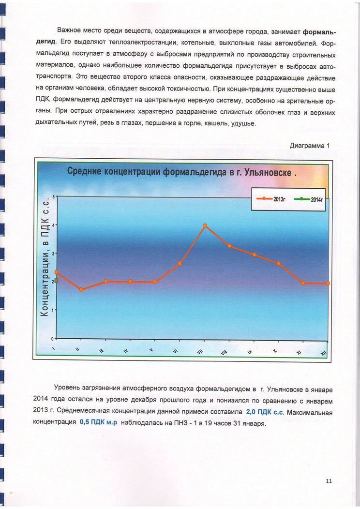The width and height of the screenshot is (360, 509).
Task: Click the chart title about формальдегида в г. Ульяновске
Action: (181, 171)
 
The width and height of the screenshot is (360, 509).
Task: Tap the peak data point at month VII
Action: (205, 225)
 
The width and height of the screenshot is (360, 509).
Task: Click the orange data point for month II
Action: (81, 289)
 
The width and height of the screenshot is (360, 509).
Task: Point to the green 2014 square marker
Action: (57, 281)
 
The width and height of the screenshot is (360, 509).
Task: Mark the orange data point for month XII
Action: (328, 283)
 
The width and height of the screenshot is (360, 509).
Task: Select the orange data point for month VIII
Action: (230, 246)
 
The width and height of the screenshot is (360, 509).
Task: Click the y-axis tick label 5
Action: (54, 196)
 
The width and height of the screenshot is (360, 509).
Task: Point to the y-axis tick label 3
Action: (54, 253)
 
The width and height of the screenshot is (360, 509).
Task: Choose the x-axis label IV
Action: (125, 351)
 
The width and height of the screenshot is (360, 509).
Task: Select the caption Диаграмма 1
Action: (309, 145)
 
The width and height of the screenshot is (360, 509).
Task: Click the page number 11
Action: (329, 480)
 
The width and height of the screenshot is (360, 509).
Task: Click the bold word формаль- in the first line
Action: (319, 32)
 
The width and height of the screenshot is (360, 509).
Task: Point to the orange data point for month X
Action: (279, 263)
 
